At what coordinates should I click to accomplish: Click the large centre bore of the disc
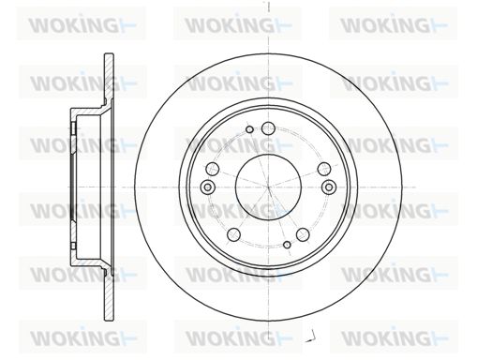pos(268,187)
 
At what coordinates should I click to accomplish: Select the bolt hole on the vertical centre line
pos(268,128)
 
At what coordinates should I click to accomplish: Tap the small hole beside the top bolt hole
pos(249,129)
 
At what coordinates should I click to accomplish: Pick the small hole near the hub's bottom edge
pos(287,245)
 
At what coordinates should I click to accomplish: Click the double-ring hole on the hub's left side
pos(207,187)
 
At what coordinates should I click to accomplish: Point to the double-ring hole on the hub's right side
pos(329,187)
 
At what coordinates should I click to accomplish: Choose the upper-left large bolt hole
pos(213,169)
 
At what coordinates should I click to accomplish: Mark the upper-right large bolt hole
pos(324,169)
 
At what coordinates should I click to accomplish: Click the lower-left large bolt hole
pos(234,234)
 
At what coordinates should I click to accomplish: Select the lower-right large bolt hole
pos(303,234)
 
